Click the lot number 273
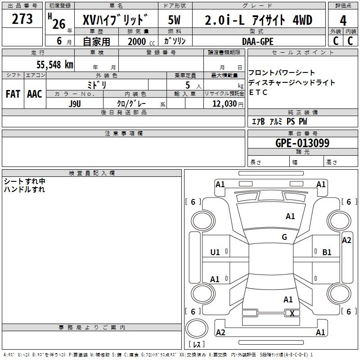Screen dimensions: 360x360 [22, 19]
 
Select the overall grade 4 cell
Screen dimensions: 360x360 [343, 20]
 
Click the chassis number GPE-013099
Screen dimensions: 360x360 [302, 143]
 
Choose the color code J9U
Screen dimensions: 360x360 [75, 103]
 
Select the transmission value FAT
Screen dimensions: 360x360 [13, 94]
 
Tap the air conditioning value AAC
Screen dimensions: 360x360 [34, 94]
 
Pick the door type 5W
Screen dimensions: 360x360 [175, 20]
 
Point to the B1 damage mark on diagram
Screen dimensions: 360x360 [327, 252]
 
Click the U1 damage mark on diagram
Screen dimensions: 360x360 [215, 252]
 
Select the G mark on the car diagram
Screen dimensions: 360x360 [284, 237]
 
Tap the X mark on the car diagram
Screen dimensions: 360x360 [292, 314]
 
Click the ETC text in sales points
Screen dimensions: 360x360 [258, 93]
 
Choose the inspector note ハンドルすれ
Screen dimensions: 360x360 [24, 189]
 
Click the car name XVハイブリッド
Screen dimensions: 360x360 [115, 20]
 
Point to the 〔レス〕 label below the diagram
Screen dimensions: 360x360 [197, 344]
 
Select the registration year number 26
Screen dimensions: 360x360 [58, 23]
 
